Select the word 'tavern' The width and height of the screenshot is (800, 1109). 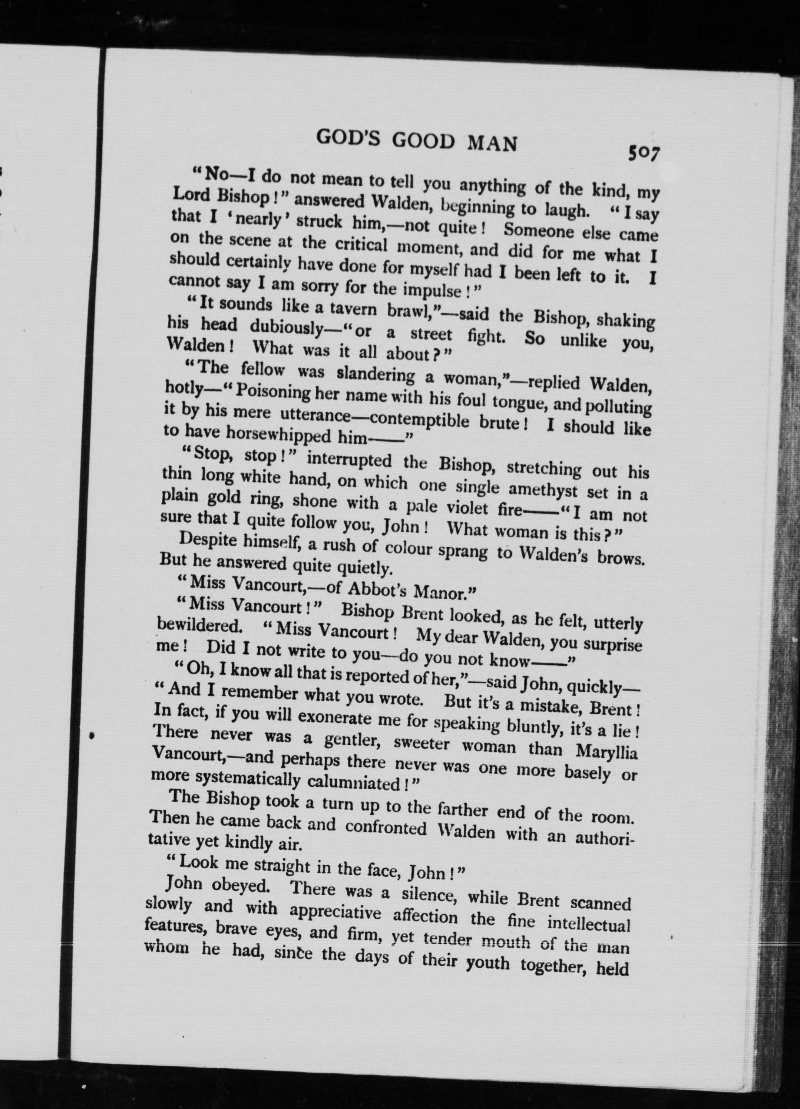353,309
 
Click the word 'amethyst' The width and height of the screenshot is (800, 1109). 542,490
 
